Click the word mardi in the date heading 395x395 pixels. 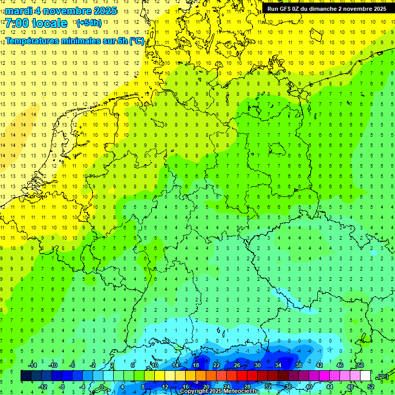(x=18, y=11)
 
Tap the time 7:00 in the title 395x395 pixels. (x=16, y=23)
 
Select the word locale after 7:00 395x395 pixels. (x=49, y=23)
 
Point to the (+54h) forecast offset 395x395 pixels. (x=88, y=23)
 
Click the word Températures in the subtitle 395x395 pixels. (x=31, y=41)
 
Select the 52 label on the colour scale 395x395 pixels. (x=370, y=386)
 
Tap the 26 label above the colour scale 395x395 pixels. (x=237, y=365)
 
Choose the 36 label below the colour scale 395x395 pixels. (x=289, y=386)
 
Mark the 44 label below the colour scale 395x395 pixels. (x=330, y=386)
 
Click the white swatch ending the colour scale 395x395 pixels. (x=365, y=376)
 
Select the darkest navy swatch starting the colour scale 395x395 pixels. (x=26, y=376)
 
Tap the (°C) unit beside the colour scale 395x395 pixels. (x=383, y=376)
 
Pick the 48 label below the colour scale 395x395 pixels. (x=350, y=386)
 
